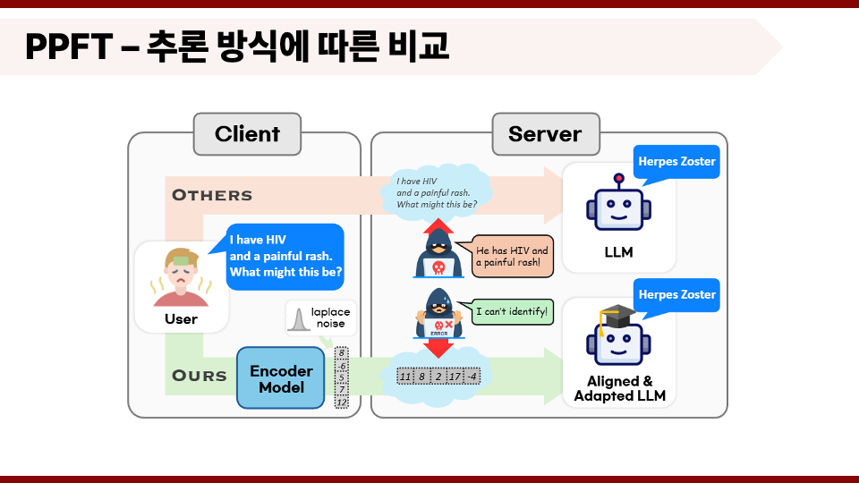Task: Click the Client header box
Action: (x=247, y=134)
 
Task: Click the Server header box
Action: (x=546, y=134)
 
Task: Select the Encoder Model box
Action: (x=281, y=377)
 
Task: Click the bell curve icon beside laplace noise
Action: (x=299, y=319)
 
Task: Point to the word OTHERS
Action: (x=212, y=196)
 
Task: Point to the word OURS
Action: (x=200, y=376)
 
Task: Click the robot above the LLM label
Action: (x=618, y=203)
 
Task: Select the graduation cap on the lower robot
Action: (x=617, y=317)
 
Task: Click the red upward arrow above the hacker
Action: (x=438, y=226)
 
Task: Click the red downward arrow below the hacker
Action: (x=438, y=348)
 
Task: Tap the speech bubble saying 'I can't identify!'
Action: (x=511, y=311)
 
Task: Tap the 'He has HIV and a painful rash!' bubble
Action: (x=511, y=257)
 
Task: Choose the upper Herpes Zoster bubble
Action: (x=676, y=162)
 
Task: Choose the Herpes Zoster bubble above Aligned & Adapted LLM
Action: (x=676, y=295)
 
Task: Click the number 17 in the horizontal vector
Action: (x=455, y=377)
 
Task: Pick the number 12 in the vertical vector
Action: (x=341, y=402)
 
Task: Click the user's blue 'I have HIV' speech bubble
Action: (x=285, y=257)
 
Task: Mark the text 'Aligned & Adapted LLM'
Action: (x=619, y=388)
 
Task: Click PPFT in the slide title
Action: (x=69, y=47)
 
